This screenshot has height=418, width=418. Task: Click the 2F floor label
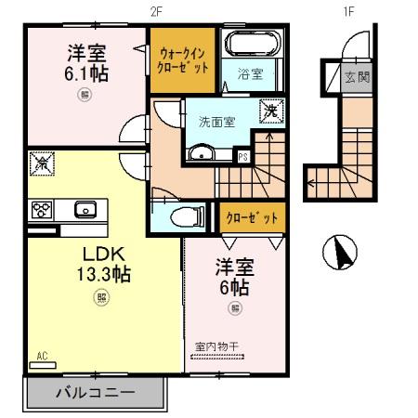[x=156, y=10]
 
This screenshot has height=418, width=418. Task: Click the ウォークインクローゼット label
[x=184, y=60]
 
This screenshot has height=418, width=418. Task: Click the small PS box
[x=242, y=157]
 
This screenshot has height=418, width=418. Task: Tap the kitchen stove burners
[x=41, y=209]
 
